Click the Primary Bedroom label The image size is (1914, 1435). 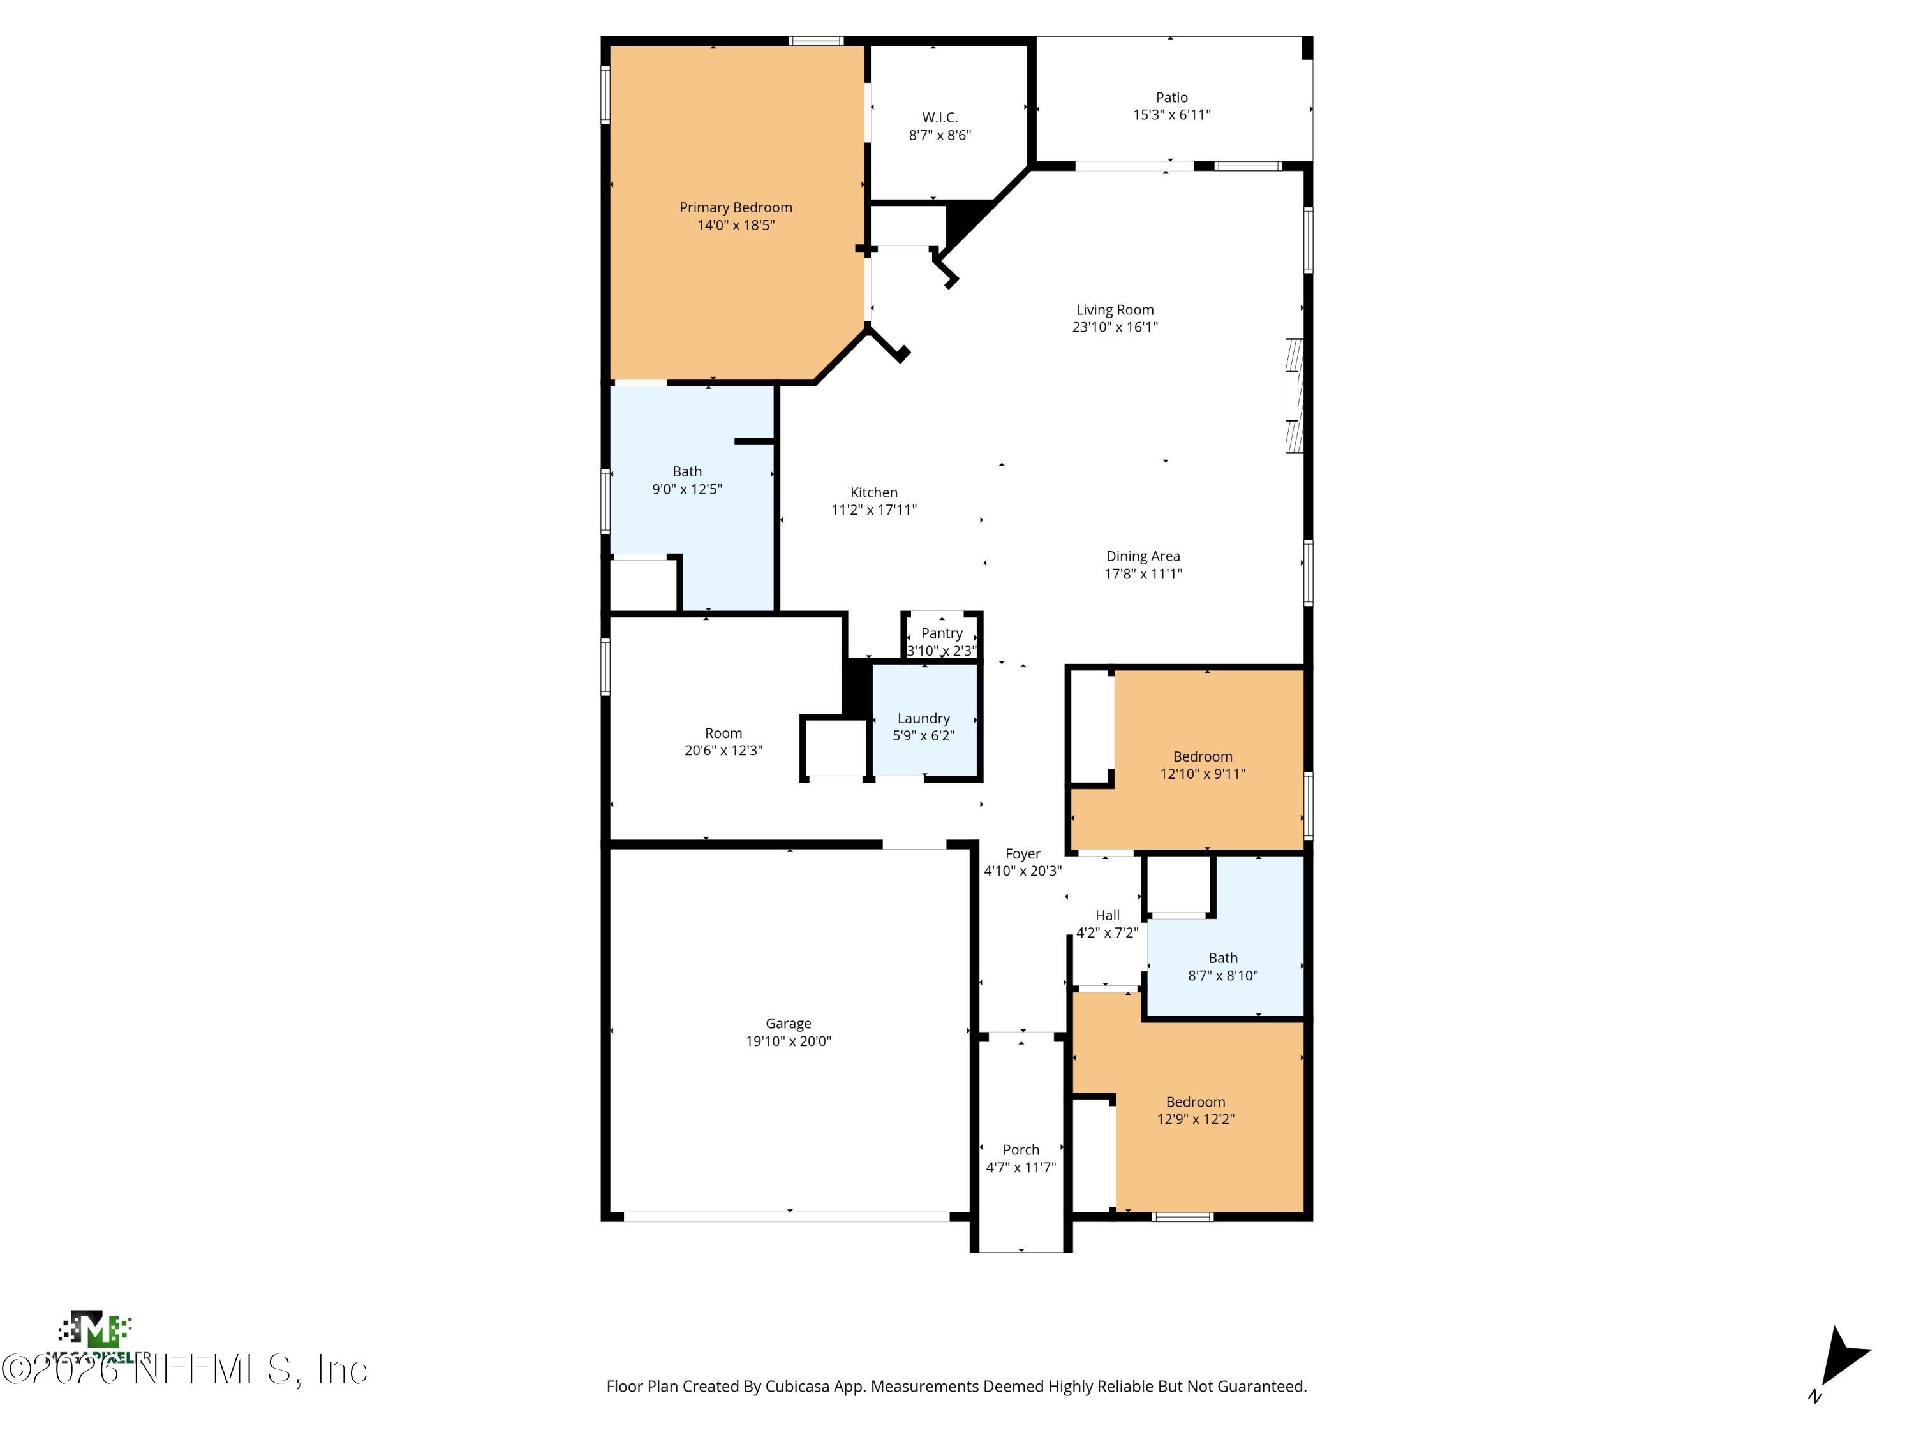pyautogui.click(x=736, y=207)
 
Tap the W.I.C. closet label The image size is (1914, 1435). pyautogui.click(x=940, y=117)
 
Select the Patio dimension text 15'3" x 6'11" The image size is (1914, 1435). pyautogui.click(x=1171, y=115)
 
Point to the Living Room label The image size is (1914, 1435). pyautogui.click(x=1115, y=310)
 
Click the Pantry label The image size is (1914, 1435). pyautogui.click(x=942, y=633)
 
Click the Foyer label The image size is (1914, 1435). pyautogui.click(x=1023, y=854)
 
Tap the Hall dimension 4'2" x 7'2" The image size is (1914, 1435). pyautogui.click(x=1108, y=932)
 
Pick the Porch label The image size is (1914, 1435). pyautogui.click(x=1021, y=1149)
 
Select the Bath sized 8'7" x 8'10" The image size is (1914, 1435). pyautogui.click(x=1222, y=966)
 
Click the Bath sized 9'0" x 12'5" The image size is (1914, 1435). pyautogui.click(x=687, y=480)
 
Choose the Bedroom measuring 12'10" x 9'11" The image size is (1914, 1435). pyautogui.click(x=1203, y=765)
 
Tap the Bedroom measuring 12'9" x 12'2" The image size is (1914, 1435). pyautogui.click(x=1195, y=1110)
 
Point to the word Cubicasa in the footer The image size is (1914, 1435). pyautogui.click(x=796, y=1387)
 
